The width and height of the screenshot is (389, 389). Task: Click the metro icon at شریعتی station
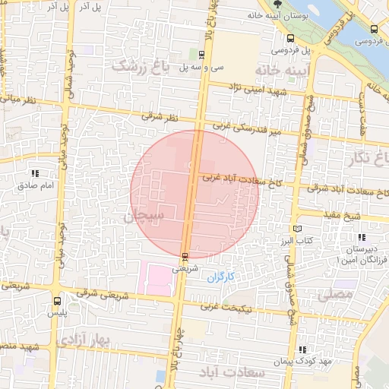[x=185, y=256]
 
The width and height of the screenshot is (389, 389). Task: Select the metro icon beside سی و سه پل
[x=201, y=54]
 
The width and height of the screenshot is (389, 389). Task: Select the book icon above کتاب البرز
[x=297, y=229]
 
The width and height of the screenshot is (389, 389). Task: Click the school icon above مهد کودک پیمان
[x=304, y=349]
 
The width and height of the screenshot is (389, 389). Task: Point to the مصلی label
[x=338, y=293]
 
